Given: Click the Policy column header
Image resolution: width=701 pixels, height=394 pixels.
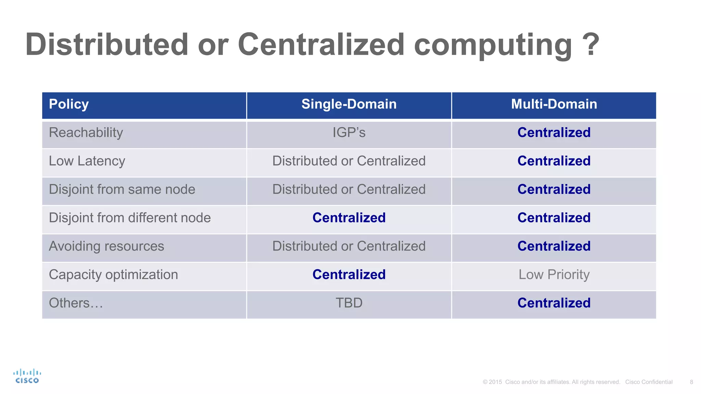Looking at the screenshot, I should pyautogui.click(x=69, y=104).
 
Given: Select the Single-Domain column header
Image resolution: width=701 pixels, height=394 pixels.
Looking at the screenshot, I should pyautogui.click(x=349, y=104).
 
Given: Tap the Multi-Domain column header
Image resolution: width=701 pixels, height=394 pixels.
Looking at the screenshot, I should pyautogui.click(x=554, y=104).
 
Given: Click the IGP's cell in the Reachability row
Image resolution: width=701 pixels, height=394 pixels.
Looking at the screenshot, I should pyautogui.click(x=349, y=133).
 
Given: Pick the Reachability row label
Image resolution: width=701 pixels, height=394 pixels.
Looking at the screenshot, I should pyautogui.click(x=86, y=133).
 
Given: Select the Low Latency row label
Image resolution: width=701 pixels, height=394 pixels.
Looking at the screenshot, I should pyautogui.click(x=87, y=161).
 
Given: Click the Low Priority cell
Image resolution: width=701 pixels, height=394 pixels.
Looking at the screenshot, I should pyautogui.click(x=554, y=275).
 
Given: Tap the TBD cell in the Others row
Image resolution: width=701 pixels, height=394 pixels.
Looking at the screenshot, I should pyautogui.click(x=349, y=303).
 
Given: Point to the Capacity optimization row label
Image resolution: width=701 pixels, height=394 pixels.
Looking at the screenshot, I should pyautogui.click(x=113, y=275).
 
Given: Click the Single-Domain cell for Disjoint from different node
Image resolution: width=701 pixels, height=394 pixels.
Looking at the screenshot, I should pyautogui.click(x=349, y=218).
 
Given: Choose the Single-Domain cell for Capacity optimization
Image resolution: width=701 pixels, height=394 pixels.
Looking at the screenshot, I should pyautogui.click(x=349, y=275).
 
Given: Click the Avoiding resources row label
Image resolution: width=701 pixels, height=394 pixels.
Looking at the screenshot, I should pyautogui.click(x=106, y=246).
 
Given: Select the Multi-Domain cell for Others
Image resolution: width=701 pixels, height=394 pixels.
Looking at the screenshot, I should pyautogui.click(x=554, y=303).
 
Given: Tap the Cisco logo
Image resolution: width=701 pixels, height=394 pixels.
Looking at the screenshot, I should pyautogui.click(x=27, y=376).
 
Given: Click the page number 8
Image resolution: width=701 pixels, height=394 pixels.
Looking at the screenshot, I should pyautogui.click(x=691, y=382).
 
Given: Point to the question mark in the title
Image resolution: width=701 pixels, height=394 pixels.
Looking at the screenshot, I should pyautogui.click(x=590, y=44).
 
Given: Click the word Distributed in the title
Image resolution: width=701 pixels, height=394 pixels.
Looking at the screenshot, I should pyautogui.click(x=106, y=44).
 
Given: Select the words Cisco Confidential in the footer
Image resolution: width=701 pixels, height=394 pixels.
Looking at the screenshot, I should pyautogui.click(x=649, y=382).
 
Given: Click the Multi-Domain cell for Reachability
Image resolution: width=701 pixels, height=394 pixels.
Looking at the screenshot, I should pyautogui.click(x=554, y=133).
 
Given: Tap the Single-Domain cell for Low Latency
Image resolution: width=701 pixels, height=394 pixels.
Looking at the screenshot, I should pyautogui.click(x=349, y=161).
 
